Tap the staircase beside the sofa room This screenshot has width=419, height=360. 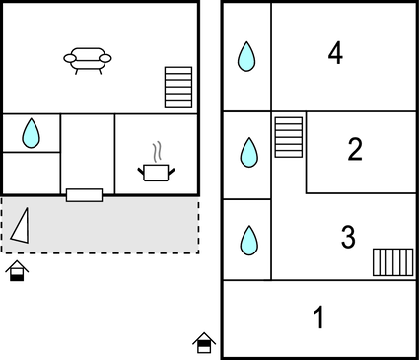178,87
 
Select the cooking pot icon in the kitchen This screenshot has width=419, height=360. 157,173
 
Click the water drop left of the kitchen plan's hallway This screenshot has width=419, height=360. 31,132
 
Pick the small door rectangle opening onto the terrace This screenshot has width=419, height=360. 84,194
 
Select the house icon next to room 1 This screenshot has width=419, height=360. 204,342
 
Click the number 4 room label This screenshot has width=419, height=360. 335,54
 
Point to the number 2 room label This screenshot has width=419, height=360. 355,149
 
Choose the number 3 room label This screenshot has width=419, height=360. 347,237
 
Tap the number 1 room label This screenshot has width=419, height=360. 318,318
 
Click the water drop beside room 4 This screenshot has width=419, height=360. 246,56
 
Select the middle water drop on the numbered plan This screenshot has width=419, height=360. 246,152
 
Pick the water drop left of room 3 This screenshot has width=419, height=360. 246,240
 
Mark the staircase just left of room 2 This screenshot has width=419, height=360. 288,137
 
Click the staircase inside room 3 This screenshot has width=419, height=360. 392,262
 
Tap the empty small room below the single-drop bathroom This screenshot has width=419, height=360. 31,173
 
